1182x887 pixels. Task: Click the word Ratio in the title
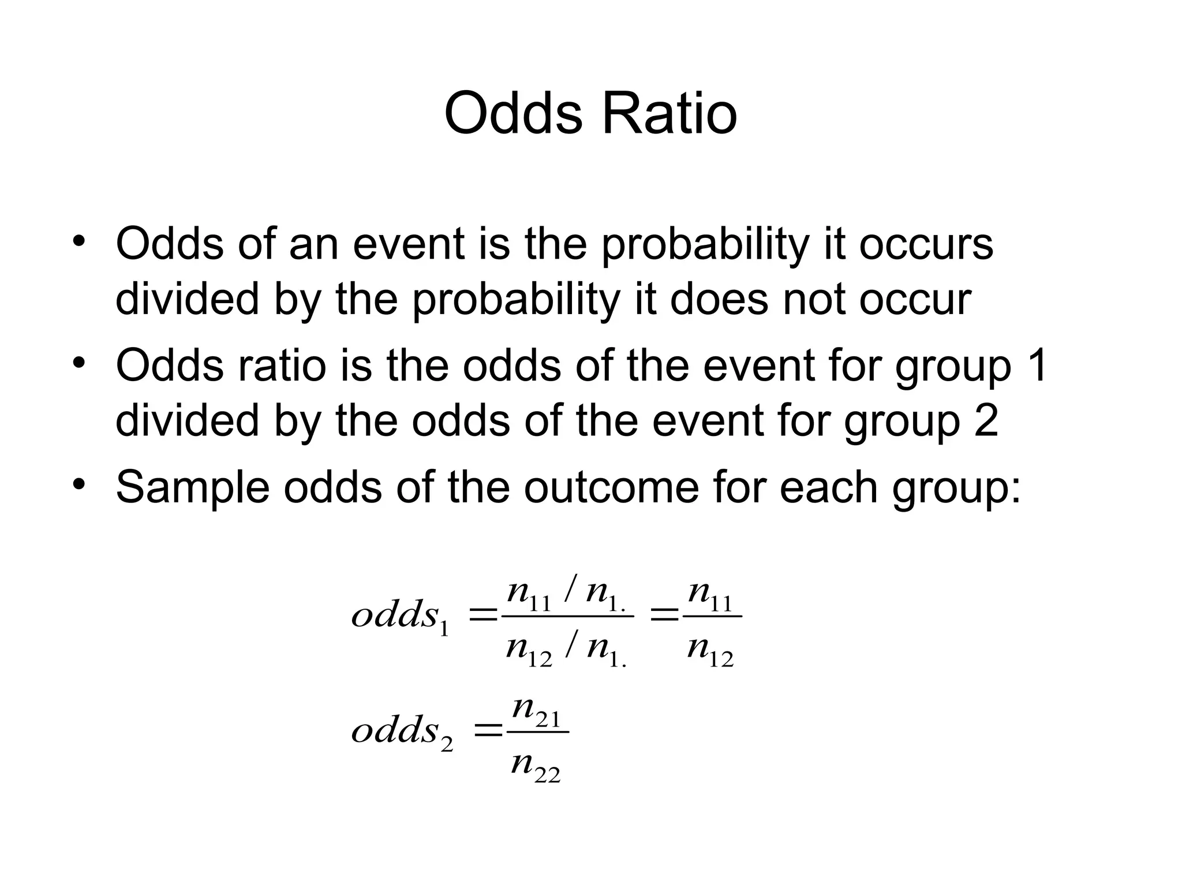tap(669, 114)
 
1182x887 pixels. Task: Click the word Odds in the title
tap(514, 114)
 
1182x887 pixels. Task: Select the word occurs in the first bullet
tap(926, 244)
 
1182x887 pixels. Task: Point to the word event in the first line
tap(408, 244)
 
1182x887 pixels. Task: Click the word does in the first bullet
tap(719, 299)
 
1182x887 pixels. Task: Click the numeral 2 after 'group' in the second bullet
tap(985, 420)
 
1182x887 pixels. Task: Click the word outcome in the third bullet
tap(612, 487)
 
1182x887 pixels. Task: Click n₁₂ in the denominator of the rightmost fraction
tap(710, 651)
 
